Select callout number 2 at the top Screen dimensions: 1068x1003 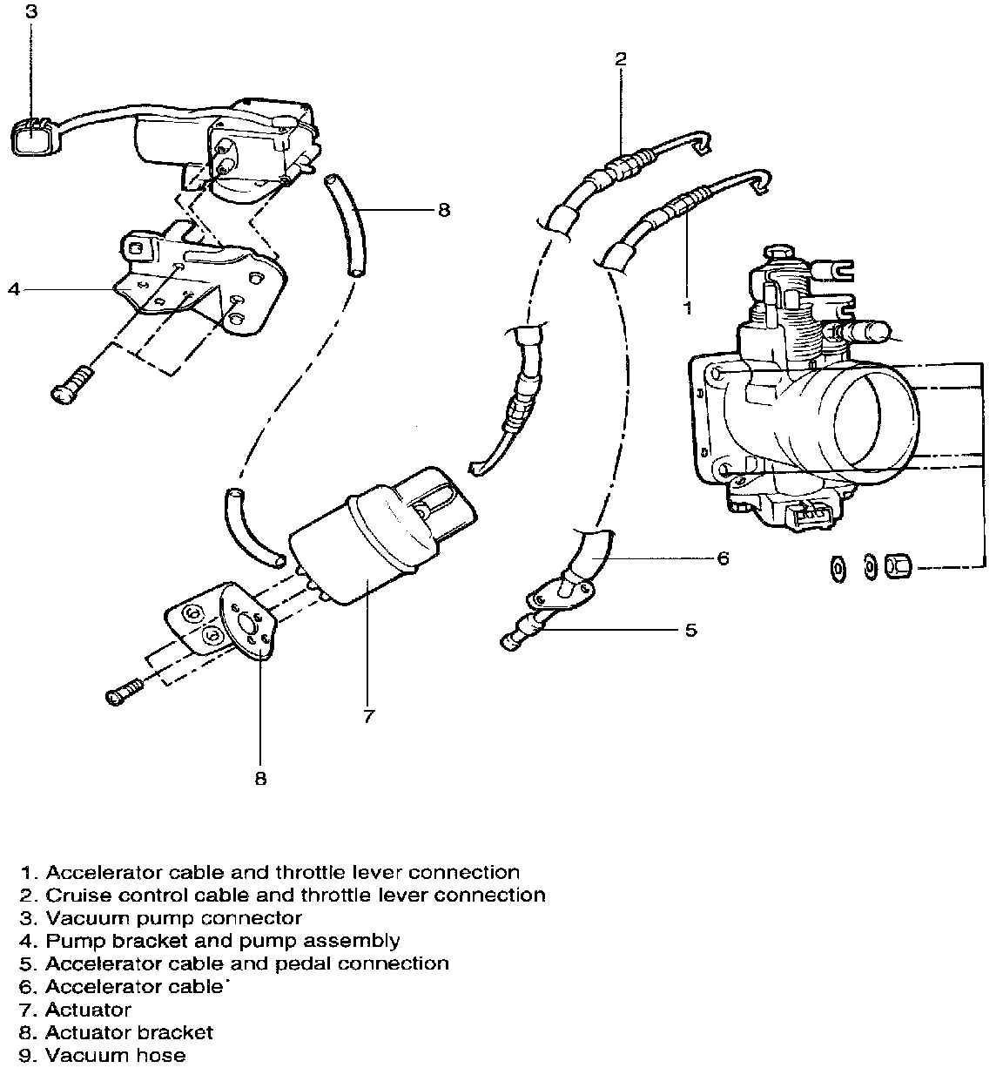tap(620, 59)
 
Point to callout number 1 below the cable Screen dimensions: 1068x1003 tap(687, 308)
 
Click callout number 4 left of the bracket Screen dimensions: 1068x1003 tap(13, 289)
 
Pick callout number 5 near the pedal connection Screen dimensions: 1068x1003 tap(690, 629)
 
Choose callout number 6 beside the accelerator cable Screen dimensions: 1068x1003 tap(723, 558)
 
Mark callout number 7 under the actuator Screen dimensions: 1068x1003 tap(368, 716)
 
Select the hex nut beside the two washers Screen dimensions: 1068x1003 tap(898, 568)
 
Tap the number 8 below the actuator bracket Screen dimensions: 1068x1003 tap(260, 778)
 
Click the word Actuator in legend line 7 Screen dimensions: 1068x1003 tap(88, 1010)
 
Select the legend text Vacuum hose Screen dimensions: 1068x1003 tap(115, 1055)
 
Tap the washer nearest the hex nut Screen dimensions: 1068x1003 tap(868, 567)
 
